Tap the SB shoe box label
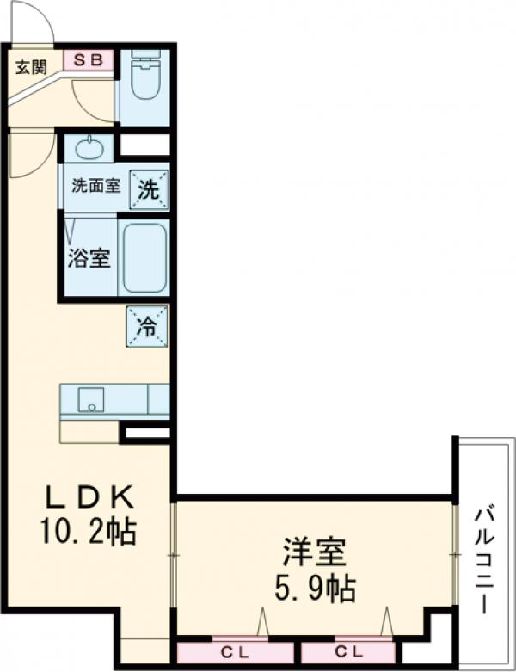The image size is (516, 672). point(89,60)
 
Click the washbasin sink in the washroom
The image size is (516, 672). point(89,148)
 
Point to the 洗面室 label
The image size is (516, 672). point(95,185)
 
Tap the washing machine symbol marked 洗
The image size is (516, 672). point(148,189)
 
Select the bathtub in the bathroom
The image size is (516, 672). point(144,258)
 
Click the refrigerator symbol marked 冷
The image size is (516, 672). point(147,326)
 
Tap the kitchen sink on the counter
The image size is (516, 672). point(89,399)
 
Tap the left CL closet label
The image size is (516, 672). point(228,651)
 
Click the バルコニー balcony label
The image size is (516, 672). point(484,559)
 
